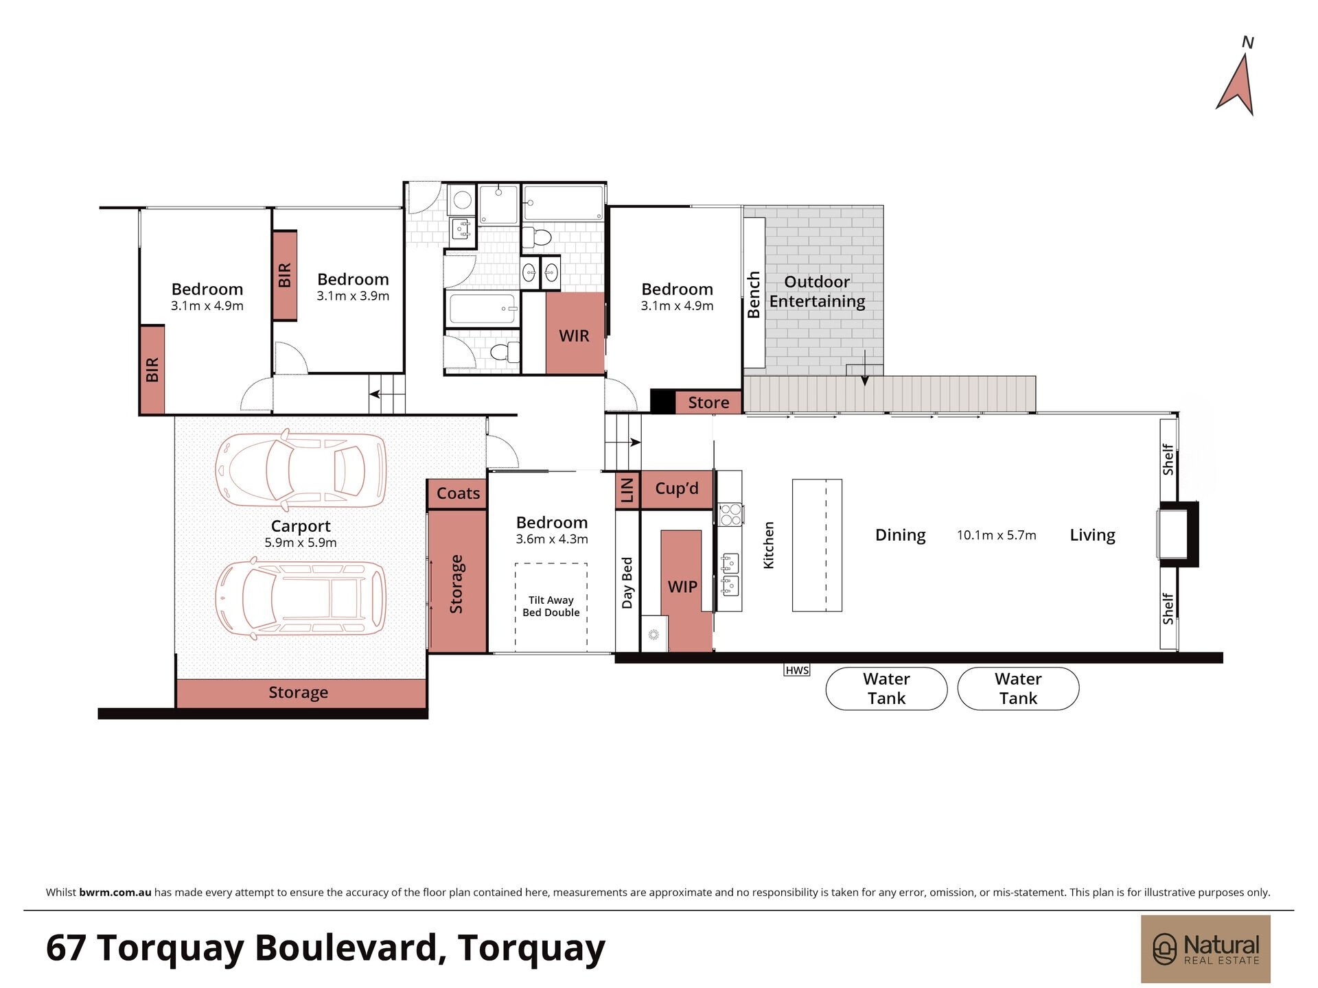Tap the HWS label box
[x=797, y=670]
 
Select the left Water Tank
[x=886, y=688]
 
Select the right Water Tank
[x=1018, y=688]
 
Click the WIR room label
[x=574, y=336]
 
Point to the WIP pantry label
[x=682, y=587]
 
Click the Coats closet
[x=458, y=493]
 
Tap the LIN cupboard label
[x=627, y=491]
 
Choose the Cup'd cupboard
[x=677, y=490]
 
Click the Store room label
[x=708, y=403]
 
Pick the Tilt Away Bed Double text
[x=551, y=607]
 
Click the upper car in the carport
[x=301, y=469]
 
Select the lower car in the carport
[x=301, y=599]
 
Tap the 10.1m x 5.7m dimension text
[x=997, y=535]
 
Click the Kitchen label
[x=769, y=545]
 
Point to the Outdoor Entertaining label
[x=817, y=292]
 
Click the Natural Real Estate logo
[x=1205, y=949]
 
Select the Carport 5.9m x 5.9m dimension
[x=301, y=542]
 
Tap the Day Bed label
[x=627, y=583]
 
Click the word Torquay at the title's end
[x=531, y=948]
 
